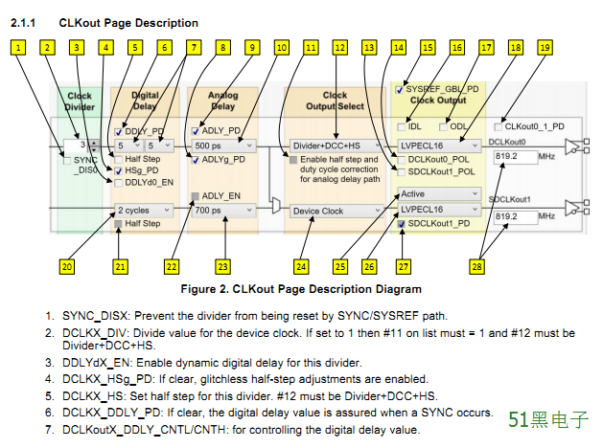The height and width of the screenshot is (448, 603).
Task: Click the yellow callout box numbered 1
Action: click(18, 46)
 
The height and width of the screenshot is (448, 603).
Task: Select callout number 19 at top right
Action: click(545, 46)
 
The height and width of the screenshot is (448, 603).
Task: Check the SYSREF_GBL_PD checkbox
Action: click(400, 89)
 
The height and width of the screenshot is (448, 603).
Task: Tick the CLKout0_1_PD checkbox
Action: click(498, 125)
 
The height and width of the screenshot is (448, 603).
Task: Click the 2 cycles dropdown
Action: click(142, 210)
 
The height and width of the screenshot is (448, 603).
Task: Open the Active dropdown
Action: click(438, 192)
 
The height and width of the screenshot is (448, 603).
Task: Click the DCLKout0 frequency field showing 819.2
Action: click(515, 155)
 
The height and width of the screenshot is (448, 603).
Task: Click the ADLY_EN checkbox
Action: click(195, 195)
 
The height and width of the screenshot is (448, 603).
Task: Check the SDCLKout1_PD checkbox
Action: click(402, 224)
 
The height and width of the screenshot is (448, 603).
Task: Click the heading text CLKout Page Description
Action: click(128, 22)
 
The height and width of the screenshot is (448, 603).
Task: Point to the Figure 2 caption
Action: click(301, 289)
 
